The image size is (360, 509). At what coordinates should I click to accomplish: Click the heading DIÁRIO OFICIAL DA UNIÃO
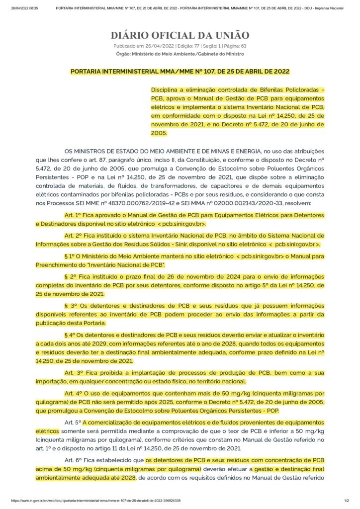180,35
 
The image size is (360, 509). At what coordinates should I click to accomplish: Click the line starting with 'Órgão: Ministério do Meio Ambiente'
180,53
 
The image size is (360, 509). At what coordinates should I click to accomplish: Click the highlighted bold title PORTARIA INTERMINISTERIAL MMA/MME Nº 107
180,72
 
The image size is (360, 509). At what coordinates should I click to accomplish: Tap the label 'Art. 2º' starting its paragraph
73,236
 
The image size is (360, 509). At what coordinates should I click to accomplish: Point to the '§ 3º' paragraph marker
70,305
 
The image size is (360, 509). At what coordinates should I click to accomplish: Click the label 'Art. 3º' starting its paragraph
73,373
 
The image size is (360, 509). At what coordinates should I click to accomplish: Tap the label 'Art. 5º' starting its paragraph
73,422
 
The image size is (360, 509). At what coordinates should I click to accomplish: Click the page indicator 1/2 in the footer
346,501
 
